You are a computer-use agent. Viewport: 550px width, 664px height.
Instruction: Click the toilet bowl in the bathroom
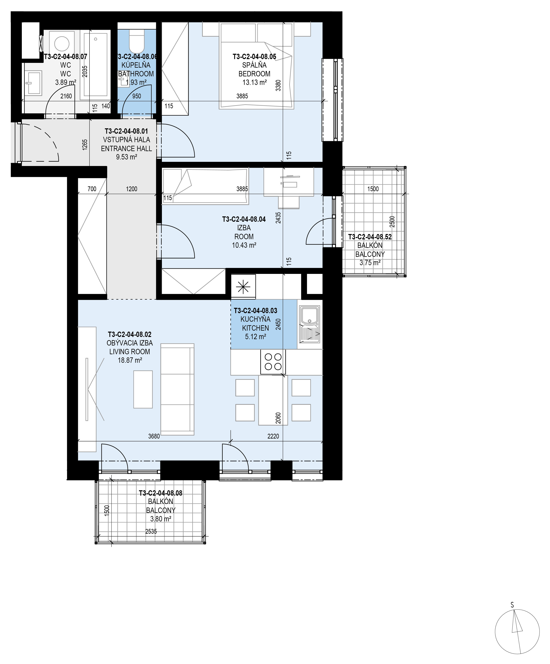pos(137,41)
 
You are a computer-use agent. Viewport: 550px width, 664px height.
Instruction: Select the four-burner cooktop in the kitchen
pos(273,362)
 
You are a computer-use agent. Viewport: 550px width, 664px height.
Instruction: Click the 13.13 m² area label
pos(254,83)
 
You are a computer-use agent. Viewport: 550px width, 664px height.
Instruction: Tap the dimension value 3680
pos(154,436)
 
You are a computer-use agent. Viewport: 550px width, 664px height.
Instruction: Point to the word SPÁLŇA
pos(254,65)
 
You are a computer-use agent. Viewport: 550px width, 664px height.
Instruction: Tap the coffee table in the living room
pos(143,389)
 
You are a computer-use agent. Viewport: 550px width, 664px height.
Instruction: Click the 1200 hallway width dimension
pos(132,189)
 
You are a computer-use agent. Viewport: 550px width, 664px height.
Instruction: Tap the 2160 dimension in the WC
pos(66,96)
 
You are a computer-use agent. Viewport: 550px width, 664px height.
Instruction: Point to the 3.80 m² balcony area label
pos(161,519)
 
